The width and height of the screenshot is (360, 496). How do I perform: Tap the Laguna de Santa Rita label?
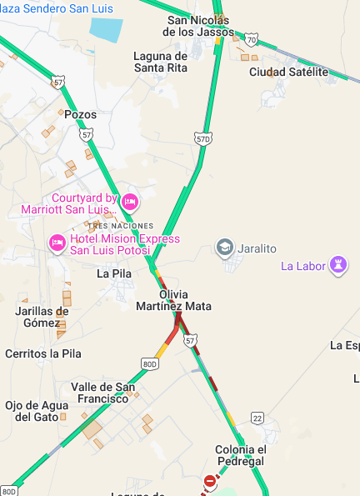click(161, 62)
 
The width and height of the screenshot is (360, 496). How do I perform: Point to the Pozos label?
click(80, 114)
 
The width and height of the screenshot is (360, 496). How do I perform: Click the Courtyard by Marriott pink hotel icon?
click(129, 202)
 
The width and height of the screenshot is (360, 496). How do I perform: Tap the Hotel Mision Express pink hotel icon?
click(57, 243)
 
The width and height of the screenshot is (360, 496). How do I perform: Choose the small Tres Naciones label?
click(121, 226)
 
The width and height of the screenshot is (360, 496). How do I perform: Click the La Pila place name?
click(114, 273)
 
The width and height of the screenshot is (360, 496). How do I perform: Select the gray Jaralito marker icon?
click(224, 247)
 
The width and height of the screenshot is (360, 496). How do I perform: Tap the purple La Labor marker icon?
click(339, 266)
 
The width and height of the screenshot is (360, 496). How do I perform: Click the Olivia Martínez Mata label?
click(173, 300)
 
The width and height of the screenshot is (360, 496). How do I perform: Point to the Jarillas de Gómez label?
click(42, 317)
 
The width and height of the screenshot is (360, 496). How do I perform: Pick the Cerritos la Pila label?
click(43, 353)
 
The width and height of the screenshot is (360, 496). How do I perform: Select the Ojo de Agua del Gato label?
click(35, 410)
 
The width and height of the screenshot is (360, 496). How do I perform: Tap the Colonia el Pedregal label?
click(240, 455)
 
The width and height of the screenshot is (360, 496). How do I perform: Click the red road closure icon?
click(210, 482)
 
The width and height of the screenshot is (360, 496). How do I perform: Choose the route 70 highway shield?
click(252, 39)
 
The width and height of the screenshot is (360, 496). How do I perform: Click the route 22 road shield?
click(257, 418)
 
